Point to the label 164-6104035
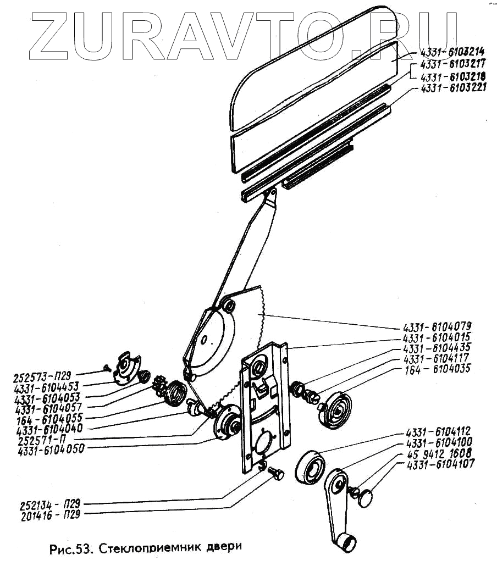440,369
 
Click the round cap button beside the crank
364,498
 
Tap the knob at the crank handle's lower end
345,543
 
